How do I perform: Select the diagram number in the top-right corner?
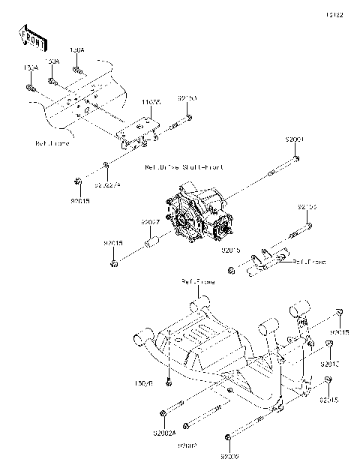click(334, 14)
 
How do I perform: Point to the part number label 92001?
click(295, 139)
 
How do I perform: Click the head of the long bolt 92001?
click(297, 158)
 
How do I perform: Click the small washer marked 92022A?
click(106, 165)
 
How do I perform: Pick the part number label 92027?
click(150, 223)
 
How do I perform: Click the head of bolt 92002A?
click(162, 413)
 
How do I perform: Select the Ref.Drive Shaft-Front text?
click(184, 169)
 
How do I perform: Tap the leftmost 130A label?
click(31, 67)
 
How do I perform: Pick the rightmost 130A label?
click(77, 50)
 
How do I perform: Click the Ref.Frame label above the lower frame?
click(196, 282)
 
